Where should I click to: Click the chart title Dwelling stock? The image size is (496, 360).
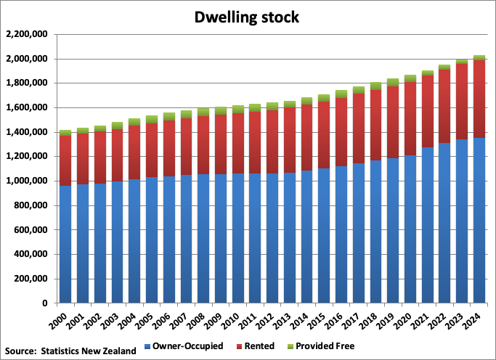246,16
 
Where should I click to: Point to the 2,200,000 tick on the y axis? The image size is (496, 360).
26,34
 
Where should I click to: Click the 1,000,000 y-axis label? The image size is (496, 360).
26,181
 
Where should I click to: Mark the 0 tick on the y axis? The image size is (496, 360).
44,303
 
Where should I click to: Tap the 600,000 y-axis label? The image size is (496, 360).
29,230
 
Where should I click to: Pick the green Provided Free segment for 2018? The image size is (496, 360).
375,86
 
